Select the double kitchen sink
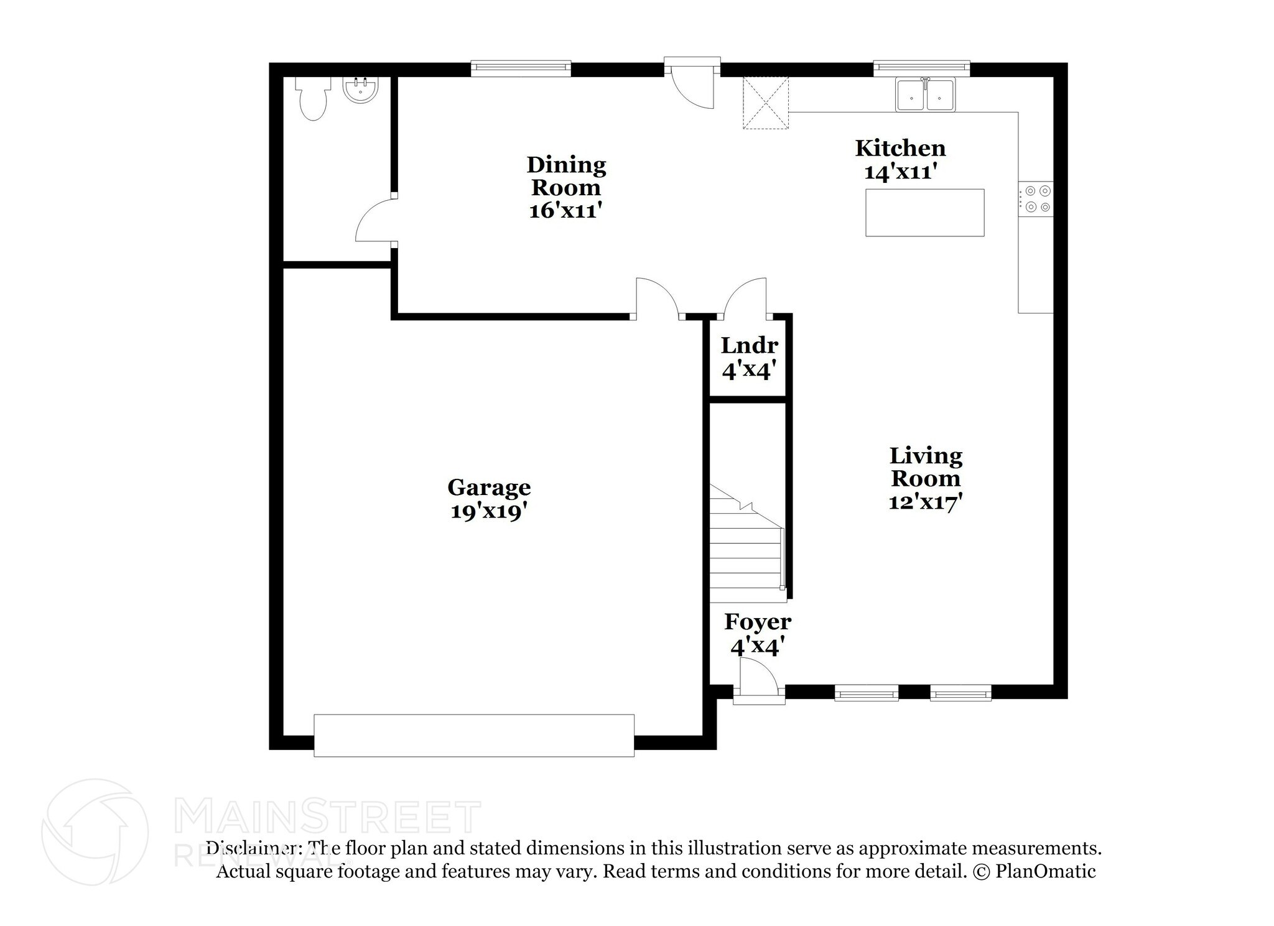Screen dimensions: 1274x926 926,95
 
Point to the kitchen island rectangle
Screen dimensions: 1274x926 924,213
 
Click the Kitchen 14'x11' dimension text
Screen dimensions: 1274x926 901,172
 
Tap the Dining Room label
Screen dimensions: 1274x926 566,176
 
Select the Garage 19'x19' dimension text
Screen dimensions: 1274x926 489,511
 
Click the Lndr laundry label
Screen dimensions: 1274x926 750,345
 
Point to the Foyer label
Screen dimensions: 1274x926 758,622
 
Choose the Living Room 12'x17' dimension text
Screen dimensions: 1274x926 926,501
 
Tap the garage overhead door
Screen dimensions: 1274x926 474,735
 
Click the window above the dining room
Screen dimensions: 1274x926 521,68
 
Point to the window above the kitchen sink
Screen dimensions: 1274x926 922,68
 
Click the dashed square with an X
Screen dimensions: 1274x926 766,103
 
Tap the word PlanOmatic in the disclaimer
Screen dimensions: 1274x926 1046,871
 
